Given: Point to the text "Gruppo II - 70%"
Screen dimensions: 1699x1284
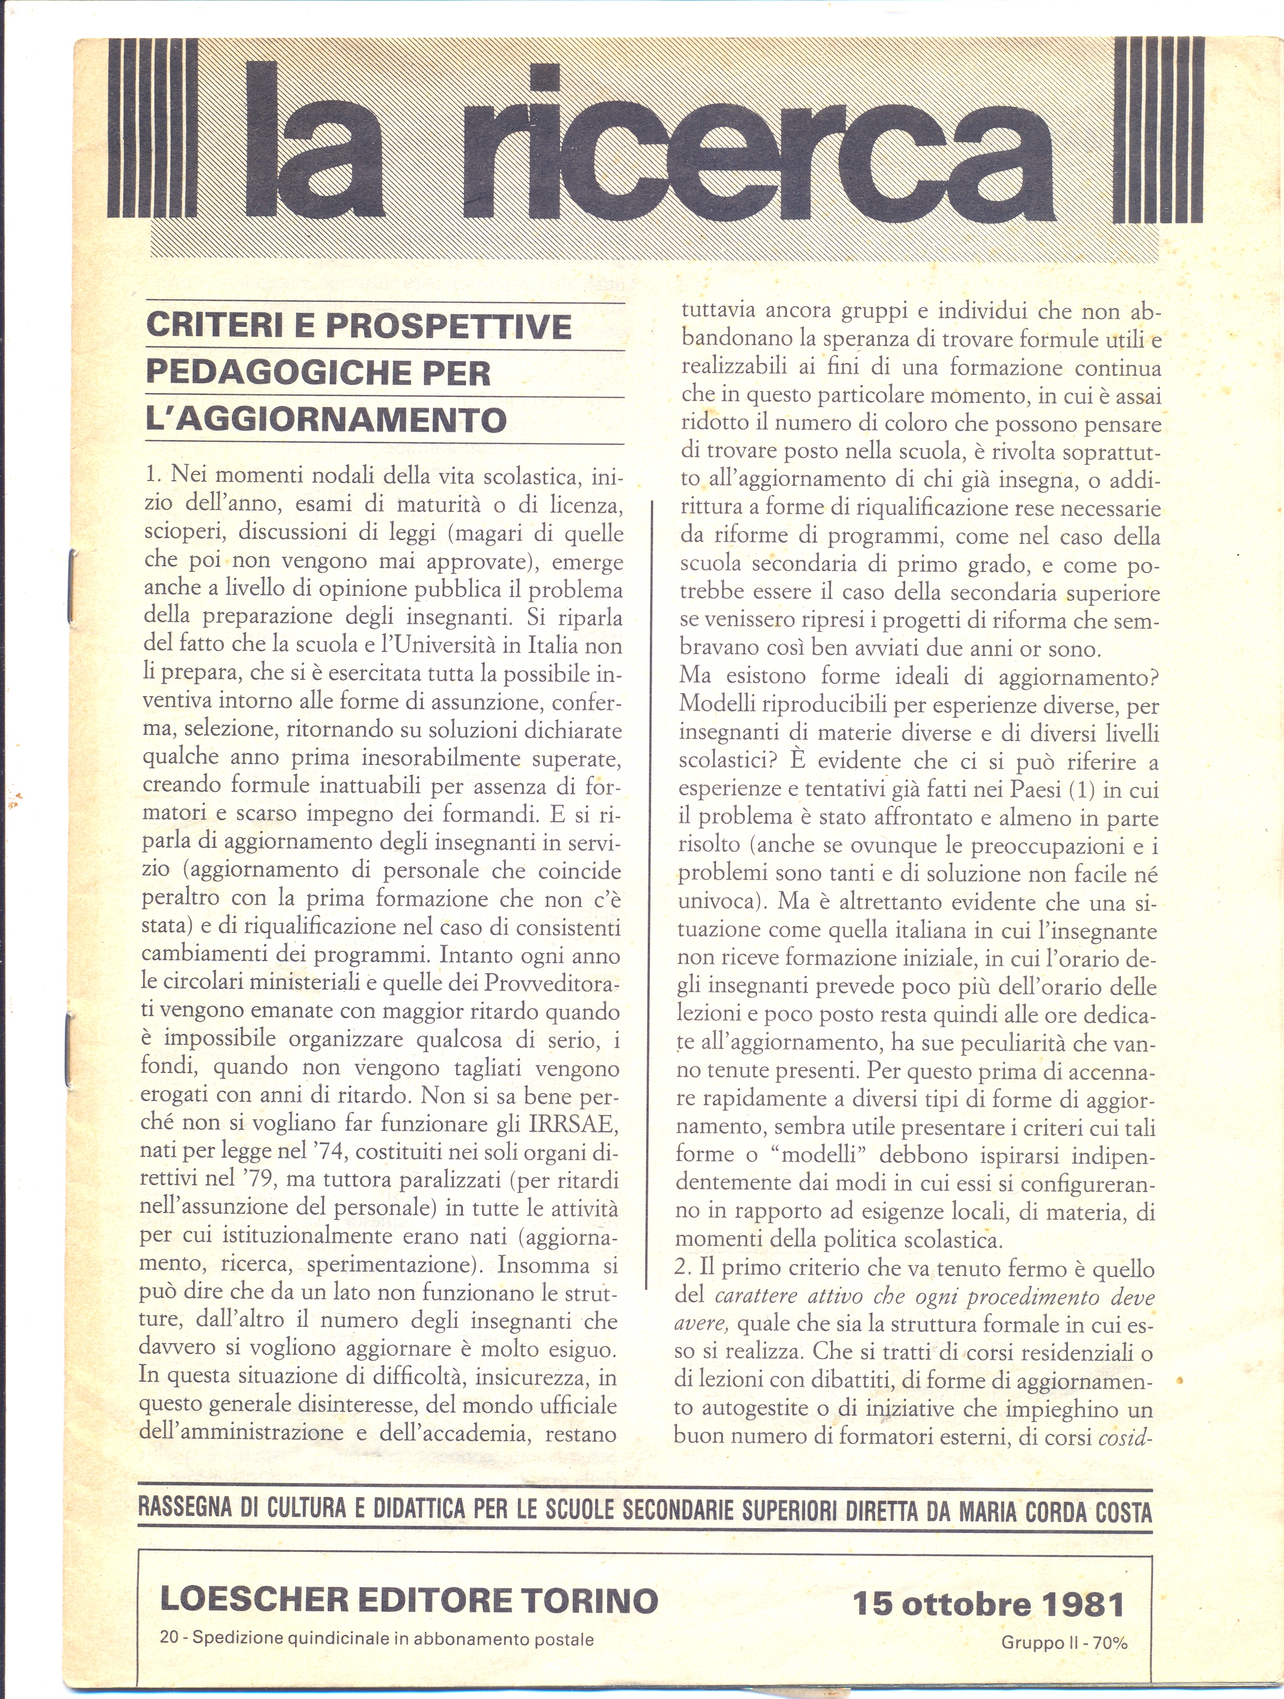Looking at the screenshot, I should click(1064, 1638).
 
